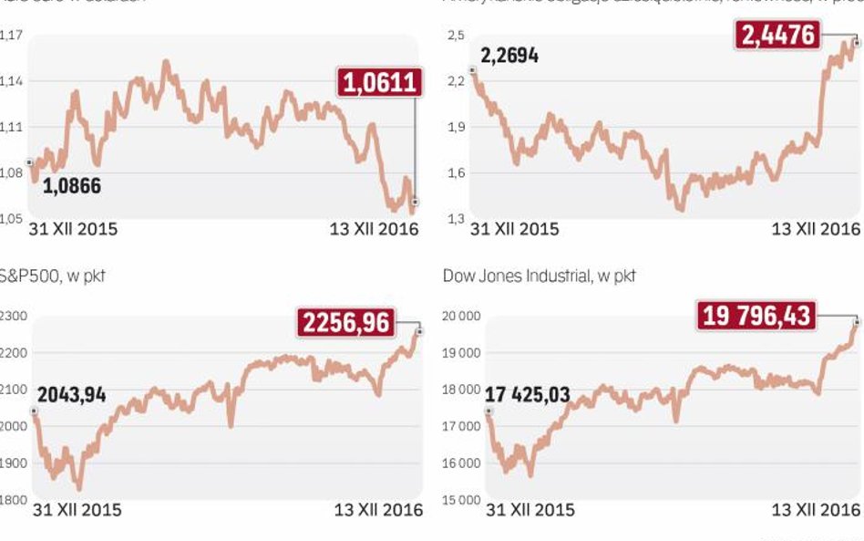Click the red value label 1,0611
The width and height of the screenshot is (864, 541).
(x=379, y=84)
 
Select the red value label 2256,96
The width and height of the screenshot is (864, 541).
(x=346, y=321)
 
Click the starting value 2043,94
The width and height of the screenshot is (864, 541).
(x=72, y=395)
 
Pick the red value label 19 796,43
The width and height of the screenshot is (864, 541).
(x=757, y=317)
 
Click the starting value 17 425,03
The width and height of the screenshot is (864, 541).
(x=528, y=395)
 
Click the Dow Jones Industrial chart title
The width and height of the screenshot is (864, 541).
(x=539, y=275)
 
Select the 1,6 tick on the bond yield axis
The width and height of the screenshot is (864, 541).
(x=456, y=172)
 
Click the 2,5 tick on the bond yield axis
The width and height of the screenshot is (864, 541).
(x=456, y=36)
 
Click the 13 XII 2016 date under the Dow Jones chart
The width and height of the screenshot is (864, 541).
(x=816, y=509)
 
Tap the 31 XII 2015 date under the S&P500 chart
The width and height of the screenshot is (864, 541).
(x=77, y=509)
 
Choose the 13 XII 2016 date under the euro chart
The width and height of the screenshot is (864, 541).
(x=374, y=229)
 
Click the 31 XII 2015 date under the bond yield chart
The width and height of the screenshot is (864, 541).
(x=515, y=229)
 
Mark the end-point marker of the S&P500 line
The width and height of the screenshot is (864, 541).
(x=420, y=332)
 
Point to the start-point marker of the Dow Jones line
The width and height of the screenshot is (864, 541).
(x=488, y=411)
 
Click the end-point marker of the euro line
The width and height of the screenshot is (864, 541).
(x=416, y=202)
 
